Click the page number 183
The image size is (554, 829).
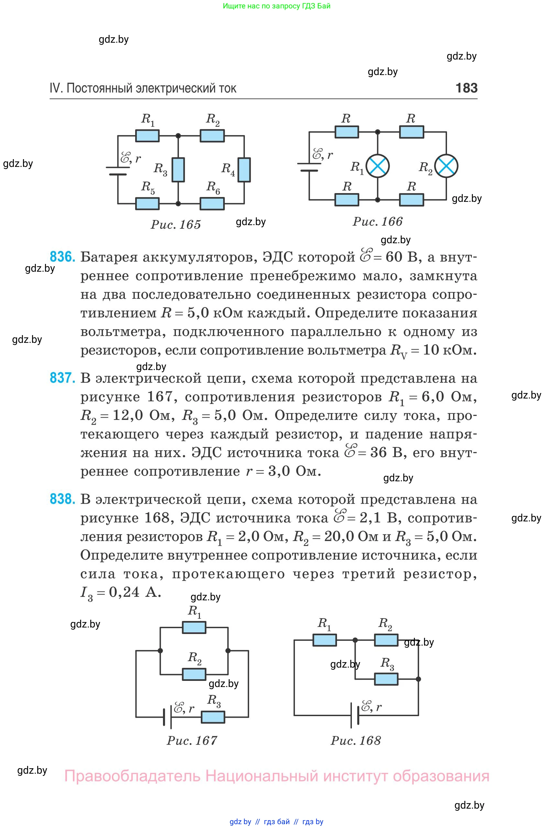click(x=466, y=88)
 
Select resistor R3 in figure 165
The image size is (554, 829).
click(x=179, y=169)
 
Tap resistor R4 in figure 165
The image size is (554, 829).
click(x=244, y=169)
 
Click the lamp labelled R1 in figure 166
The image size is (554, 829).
click(x=378, y=166)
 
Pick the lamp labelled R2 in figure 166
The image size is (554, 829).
click(x=446, y=166)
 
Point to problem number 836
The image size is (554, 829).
click(x=62, y=257)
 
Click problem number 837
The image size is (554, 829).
click(x=62, y=378)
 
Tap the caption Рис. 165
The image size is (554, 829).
click(x=176, y=224)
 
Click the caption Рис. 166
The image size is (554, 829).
click(x=377, y=222)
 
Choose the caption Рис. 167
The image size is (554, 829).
click(x=192, y=740)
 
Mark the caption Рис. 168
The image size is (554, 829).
click(x=356, y=740)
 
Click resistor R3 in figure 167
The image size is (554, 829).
click(x=213, y=717)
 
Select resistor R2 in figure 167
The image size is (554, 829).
click(x=194, y=674)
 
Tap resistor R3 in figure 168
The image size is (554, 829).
click(x=386, y=679)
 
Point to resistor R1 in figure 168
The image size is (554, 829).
click(x=325, y=640)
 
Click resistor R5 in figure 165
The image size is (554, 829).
click(x=147, y=203)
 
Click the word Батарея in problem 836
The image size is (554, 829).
click(x=109, y=257)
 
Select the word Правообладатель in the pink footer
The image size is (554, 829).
click(x=132, y=776)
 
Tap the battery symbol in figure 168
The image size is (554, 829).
click(x=355, y=715)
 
